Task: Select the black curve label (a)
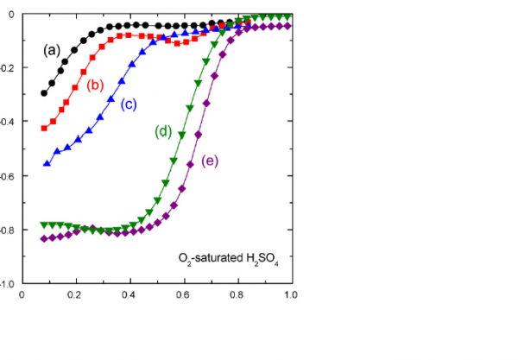click(x=53, y=49)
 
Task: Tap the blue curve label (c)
click(x=129, y=104)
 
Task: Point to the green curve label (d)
click(x=164, y=132)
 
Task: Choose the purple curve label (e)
click(x=210, y=161)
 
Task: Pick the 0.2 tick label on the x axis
click(x=76, y=294)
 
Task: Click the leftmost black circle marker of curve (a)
click(x=45, y=93)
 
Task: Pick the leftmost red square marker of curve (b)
click(x=45, y=128)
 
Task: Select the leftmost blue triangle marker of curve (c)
click(x=47, y=162)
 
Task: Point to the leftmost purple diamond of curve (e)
click(x=45, y=238)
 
